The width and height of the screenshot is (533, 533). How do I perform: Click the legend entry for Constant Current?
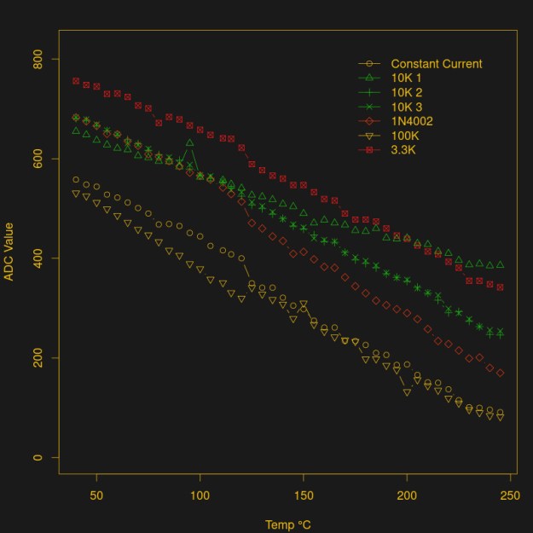pos(436,64)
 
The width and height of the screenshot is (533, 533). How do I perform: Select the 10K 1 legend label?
pos(406,78)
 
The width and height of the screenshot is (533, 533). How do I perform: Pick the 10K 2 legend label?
pos(406,92)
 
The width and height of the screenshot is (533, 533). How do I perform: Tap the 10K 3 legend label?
pos(406,107)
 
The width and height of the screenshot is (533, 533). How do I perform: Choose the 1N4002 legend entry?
pos(412,121)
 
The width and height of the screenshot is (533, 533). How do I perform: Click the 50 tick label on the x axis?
pos(96,495)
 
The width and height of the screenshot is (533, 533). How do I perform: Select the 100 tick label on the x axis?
pos(200,495)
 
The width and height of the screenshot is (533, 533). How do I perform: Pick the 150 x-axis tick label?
pos(304,495)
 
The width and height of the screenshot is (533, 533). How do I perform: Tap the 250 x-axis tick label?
pos(510,495)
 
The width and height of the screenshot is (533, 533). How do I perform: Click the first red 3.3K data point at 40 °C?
pos(76,81)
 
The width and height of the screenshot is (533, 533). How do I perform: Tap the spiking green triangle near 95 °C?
pos(189,142)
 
